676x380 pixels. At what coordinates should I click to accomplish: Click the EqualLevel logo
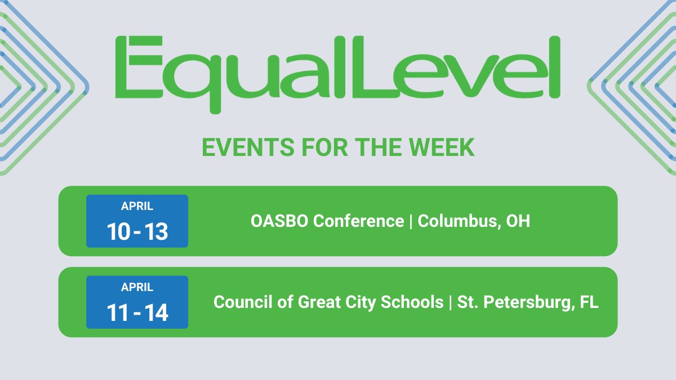pos(338,70)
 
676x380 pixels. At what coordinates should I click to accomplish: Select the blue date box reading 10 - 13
pos(137,221)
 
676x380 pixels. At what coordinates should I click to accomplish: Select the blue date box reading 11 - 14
pos(137,302)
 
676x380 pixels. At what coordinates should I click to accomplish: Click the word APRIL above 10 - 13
pos(137,206)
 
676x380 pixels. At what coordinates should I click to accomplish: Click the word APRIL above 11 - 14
pos(137,287)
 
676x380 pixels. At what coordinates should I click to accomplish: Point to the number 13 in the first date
pos(155,232)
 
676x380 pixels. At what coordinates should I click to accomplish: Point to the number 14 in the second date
pos(155,313)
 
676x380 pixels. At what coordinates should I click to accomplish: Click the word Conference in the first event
pos(358,221)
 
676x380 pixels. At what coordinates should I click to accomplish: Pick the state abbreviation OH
pos(518,221)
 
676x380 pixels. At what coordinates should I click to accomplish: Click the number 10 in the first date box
pos(118,232)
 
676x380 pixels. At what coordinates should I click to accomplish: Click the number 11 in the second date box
pos(118,313)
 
